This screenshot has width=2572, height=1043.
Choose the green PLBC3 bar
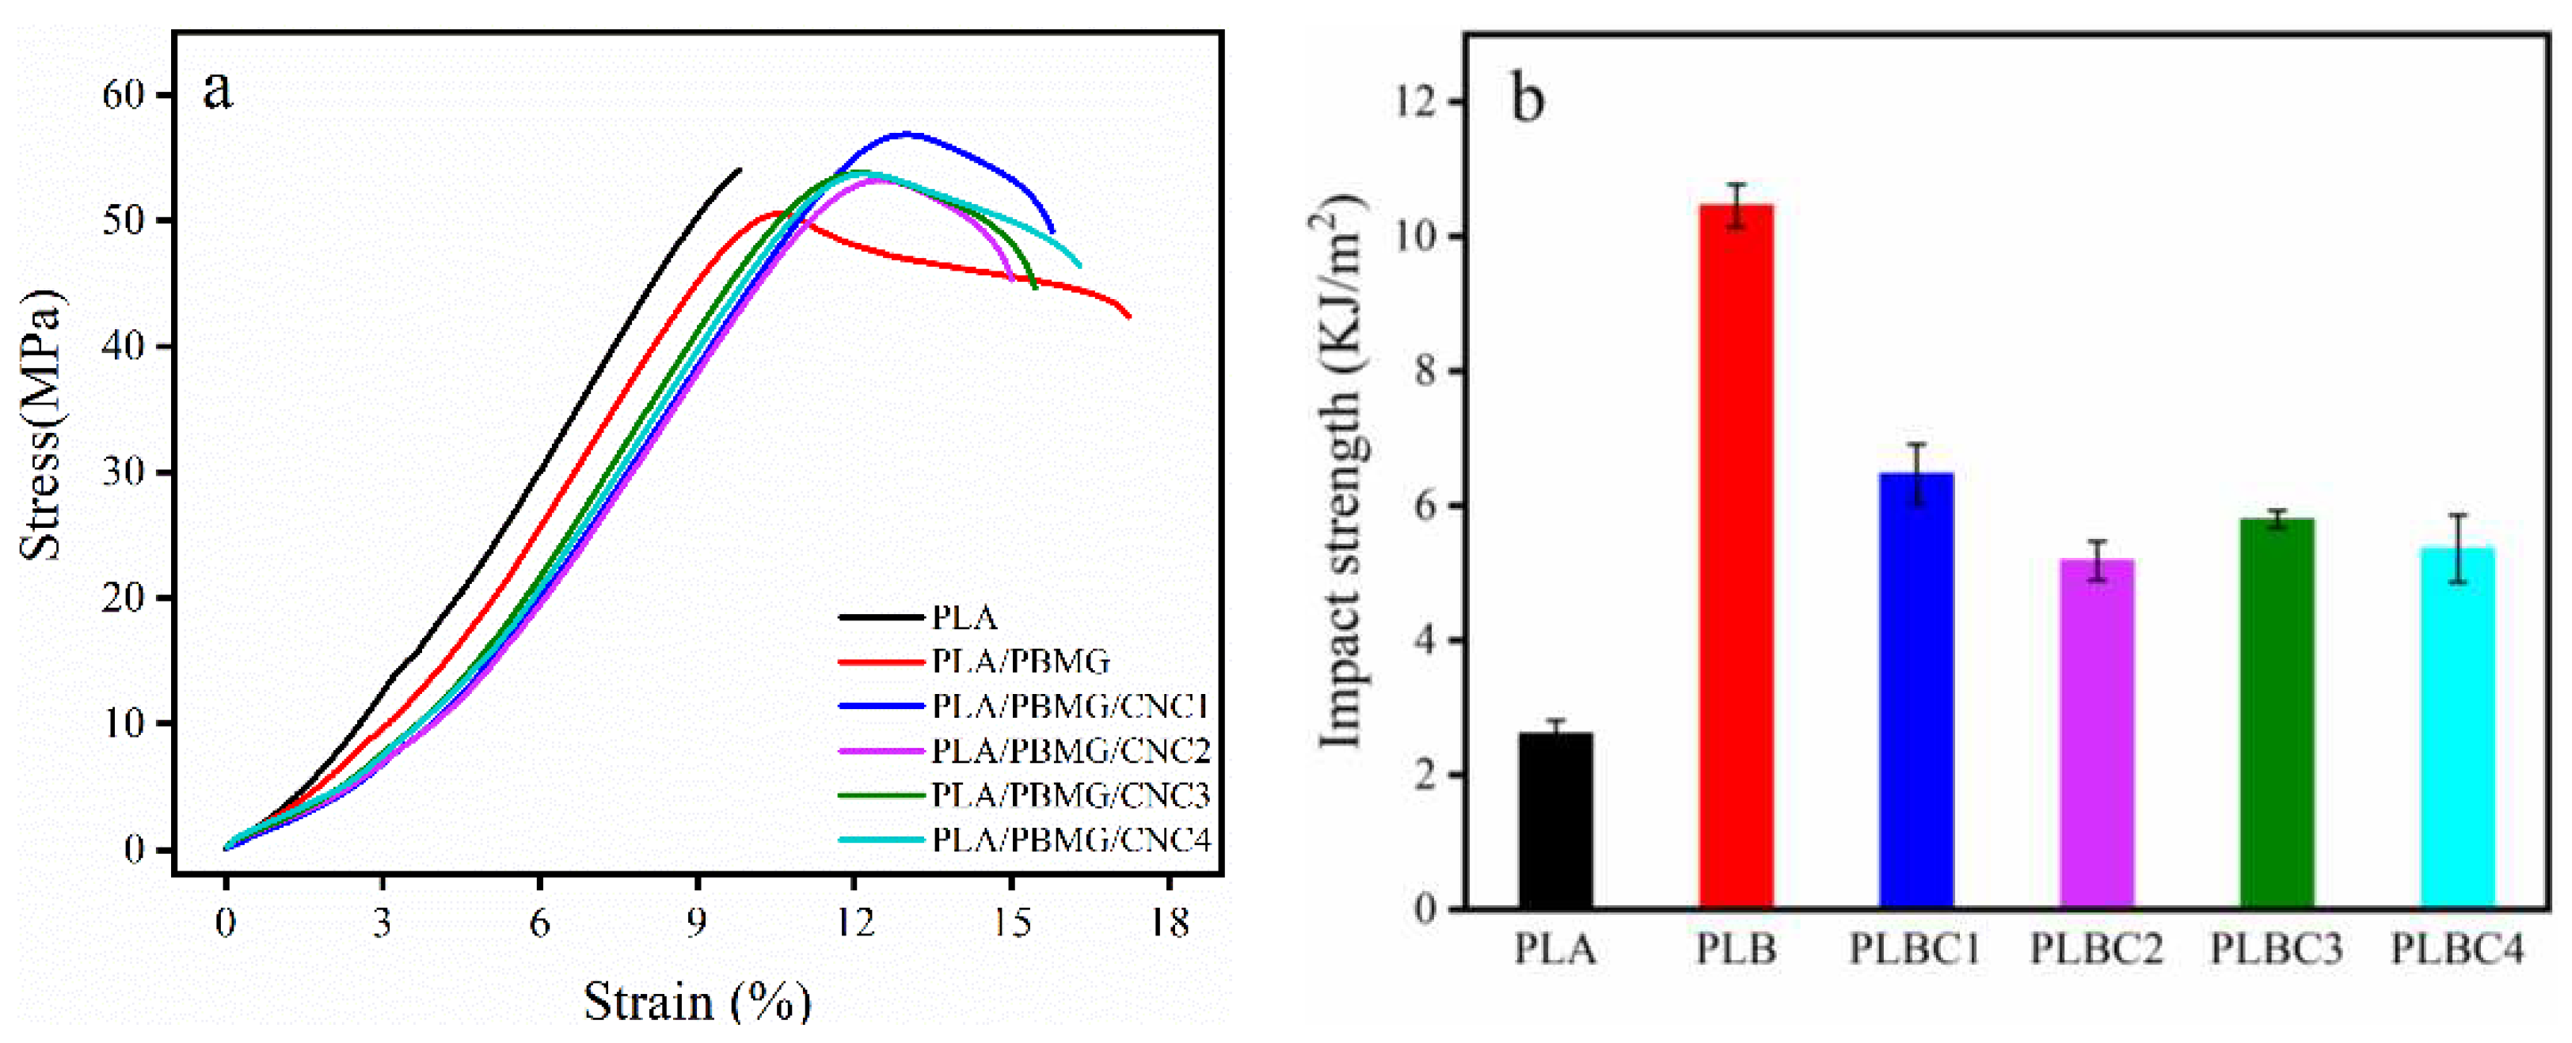pos(2277,713)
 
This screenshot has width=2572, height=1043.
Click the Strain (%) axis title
pos(697,1001)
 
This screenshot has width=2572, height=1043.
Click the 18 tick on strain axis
pos(1169,924)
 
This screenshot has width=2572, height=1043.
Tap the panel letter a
pos(218,90)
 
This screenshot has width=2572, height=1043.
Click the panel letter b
pos(1528,100)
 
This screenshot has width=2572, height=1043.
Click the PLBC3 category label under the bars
pos(2276,948)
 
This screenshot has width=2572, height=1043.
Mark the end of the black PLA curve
pos(740,169)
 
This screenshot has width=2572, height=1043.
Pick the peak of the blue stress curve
pos(907,133)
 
